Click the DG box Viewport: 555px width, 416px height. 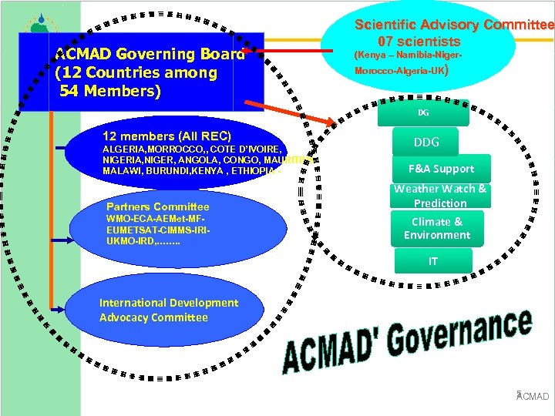click(423, 112)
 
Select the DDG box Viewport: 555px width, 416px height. click(426, 143)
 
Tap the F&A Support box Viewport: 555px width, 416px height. click(442, 169)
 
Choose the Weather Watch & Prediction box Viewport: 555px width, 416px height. click(440, 196)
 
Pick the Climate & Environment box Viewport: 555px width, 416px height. click(436, 228)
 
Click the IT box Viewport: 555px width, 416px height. click(433, 262)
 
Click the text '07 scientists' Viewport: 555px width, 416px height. click(419, 42)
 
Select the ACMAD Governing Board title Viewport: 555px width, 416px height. click(150, 54)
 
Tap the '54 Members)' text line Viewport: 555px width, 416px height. click(110, 92)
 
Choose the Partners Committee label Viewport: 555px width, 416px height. click(157, 206)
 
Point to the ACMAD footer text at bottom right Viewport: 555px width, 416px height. click(533, 396)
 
